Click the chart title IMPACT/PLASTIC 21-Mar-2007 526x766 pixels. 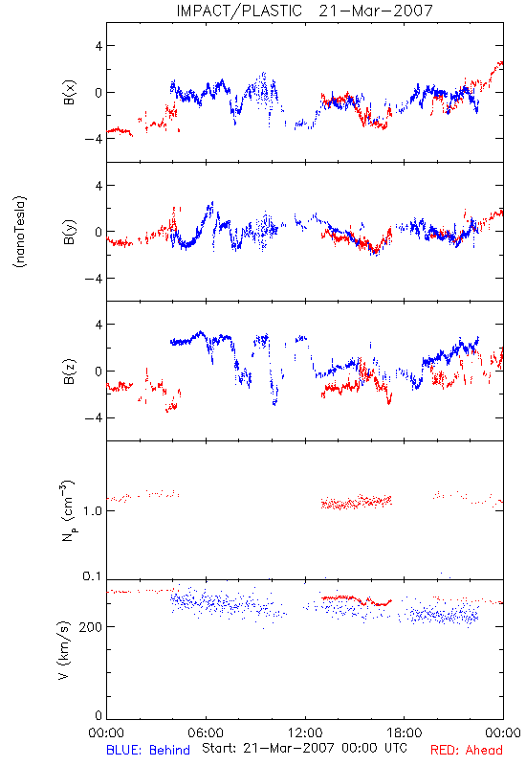tap(304, 11)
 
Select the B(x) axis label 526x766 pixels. tap(70, 92)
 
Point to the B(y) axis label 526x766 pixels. tap(70, 232)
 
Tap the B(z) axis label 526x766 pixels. tap(70, 372)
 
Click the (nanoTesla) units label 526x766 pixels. tap(20, 231)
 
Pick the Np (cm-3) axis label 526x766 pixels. tap(68, 510)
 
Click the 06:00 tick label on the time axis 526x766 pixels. tap(206, 732)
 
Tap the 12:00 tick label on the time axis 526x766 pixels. tap(305, 732)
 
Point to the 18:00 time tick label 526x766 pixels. tap(405, 732)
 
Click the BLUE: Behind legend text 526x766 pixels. tap(148, 750)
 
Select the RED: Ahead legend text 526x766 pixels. tap(467, 750)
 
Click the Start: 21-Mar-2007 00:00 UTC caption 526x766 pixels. tap(304, 748)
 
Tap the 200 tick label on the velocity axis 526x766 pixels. tap(90, 627)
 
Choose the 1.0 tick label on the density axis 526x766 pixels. tap(93, 511)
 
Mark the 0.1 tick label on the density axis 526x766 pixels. tap(92, 576)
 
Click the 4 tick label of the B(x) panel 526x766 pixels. tap(99, 46)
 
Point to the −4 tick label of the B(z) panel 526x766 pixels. tap(94, 418)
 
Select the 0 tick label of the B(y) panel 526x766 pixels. tap(99, 232)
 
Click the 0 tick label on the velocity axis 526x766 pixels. tap(99, 715)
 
